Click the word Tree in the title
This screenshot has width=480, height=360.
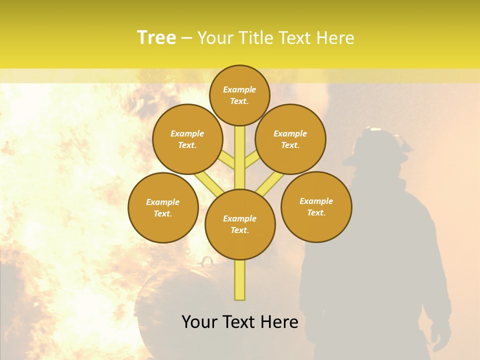(156, 38)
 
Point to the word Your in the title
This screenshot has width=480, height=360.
(215, 38)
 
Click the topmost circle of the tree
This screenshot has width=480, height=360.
(239, 95)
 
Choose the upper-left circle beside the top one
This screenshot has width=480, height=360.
(187, 139)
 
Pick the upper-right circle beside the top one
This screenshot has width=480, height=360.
(290, 139)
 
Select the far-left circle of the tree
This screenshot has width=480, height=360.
(163, 207)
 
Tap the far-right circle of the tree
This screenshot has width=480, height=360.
(316, 206)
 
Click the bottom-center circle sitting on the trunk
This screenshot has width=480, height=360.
(240, 224)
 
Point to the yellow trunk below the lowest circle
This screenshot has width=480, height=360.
(240, 280)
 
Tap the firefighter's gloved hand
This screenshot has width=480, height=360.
(440, 335)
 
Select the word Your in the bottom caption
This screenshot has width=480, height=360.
(199, 322)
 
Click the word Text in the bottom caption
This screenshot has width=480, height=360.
(239, 322)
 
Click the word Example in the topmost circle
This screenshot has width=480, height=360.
(239, 89)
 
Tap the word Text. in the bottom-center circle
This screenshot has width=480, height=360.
(240, 230)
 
